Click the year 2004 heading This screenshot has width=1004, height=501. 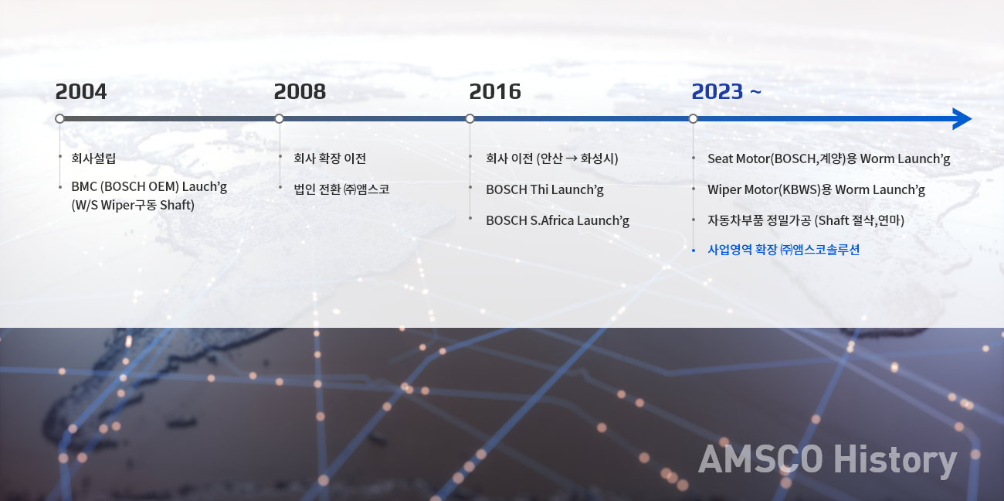tap(81, 91)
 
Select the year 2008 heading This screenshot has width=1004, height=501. tap(300, 91)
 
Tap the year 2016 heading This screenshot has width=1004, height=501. tap(495, 91)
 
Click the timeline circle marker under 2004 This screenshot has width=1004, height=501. tap(59, 119)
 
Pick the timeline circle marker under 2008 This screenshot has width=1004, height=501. tap(279, 119)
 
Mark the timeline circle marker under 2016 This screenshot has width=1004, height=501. tap(470, 119)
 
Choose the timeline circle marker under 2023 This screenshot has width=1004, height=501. tap(693, 119)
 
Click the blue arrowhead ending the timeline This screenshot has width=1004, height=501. tap(962, 119)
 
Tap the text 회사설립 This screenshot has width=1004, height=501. tap(93, 158)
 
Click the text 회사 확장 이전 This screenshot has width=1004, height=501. tap(330, 158)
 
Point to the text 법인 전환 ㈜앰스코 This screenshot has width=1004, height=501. tap(341, 189)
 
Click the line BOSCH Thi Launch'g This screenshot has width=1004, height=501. tap(544, 189)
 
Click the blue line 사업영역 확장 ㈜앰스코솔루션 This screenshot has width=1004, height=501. tap(783, 250)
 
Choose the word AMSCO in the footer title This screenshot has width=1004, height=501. tap(761, 458)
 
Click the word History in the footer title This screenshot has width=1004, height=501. tap(895, 460)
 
